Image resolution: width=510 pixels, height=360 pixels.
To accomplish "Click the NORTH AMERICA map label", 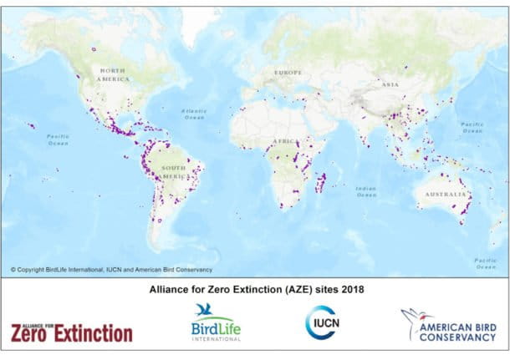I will [x=114, y=74].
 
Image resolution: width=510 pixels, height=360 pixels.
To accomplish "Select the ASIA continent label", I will [x=390, y=85].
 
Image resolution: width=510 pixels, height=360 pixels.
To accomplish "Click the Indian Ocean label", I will [x=365, y=191].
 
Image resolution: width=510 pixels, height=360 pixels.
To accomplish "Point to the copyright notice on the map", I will [x=111, y=270].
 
